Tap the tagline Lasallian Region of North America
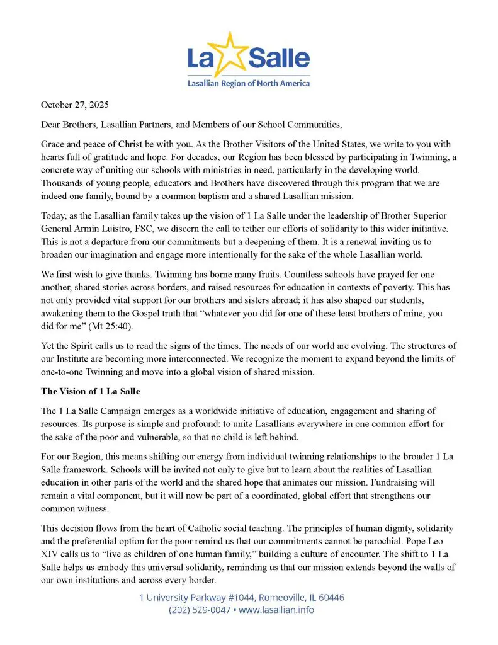click(x=249, y=83)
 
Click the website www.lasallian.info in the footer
click(x=278, y=610)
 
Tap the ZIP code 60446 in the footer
click(x=330, y=597)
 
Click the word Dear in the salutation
click(x=52, y=123)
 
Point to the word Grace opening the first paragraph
click(x=55, y=142)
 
